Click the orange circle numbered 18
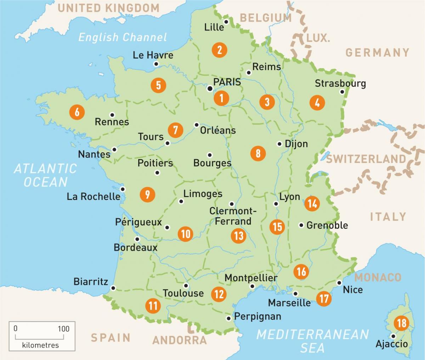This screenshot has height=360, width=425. pyautogui.click(x=402, y=323)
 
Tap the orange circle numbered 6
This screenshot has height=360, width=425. pyautogui.click(x=77, y=112)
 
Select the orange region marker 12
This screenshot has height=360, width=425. pyautogui.click(x=219, y=294)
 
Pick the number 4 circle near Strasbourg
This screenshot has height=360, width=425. pyautogui.click(x=317, y=103)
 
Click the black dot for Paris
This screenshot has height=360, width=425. pyautogui.click(x=210, y=89)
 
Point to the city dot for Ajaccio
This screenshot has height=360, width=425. pyautogui.click(x=393, y=336)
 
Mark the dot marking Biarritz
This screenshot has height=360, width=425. pyautogui.click(x=113, y=288)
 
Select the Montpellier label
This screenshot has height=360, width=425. pyautogui.click(x=251, y=278)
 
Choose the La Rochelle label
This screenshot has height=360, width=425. pyautogui.click(x=93, y=196)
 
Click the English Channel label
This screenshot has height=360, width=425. pyautogui.click(x=123, y=37)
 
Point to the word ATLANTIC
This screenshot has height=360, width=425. pyautogui.click(x=45, y=168)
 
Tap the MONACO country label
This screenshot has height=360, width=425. pyautogui.click(x=378, y=277)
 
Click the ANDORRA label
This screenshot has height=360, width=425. pyautogui.click(x=180, y=340)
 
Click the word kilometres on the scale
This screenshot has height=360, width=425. pyautogui.click(x=40, y=345)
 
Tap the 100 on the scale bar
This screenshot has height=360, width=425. pyautogui.click(x=64, y=328)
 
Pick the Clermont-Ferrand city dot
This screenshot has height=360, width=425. pyautogui.click(x=232, y=204)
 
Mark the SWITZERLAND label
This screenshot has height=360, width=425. pyautogui.click(x=365, y=159)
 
